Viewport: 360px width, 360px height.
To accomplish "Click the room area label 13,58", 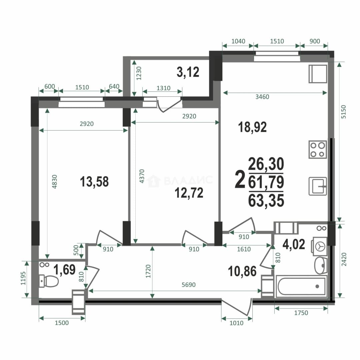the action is [x=94, y=182].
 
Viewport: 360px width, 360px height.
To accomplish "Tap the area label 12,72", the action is [x=189, y=193].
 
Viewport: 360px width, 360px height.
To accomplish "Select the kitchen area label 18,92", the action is [x=252, y=127].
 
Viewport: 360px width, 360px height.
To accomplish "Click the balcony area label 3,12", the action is [x=188, y=72].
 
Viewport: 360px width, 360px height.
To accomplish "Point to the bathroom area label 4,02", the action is [x=294, y=244].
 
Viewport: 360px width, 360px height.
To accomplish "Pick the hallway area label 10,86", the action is [x=242, y=271].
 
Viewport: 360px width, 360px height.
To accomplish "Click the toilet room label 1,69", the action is [x=64, y=270].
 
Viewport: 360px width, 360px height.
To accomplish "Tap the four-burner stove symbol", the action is [x=318, y=149].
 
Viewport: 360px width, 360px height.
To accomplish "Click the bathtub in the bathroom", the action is [x=301, y=286].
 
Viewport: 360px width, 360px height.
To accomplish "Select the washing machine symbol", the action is [x=319, y=246].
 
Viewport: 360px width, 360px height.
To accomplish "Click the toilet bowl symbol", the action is [x=49, y=281].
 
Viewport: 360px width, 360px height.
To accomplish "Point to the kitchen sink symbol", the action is [x=318, y=186].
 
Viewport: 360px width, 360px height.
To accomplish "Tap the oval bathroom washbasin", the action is [x=321, y=266].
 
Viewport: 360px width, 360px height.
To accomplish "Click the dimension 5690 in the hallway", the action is [x=188, y=285].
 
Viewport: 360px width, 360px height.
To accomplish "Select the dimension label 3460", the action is [x=262, y=97].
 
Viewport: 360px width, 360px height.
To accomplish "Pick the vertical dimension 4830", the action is [x=54, y=182].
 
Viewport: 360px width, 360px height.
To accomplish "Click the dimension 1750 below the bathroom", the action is [x=301, y=313].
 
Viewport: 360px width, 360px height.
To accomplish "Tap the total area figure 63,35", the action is [x=266, y=200].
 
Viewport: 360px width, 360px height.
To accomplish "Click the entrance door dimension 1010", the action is [x=236, y=323].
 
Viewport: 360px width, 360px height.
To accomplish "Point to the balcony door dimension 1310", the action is [x=163, y=88].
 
